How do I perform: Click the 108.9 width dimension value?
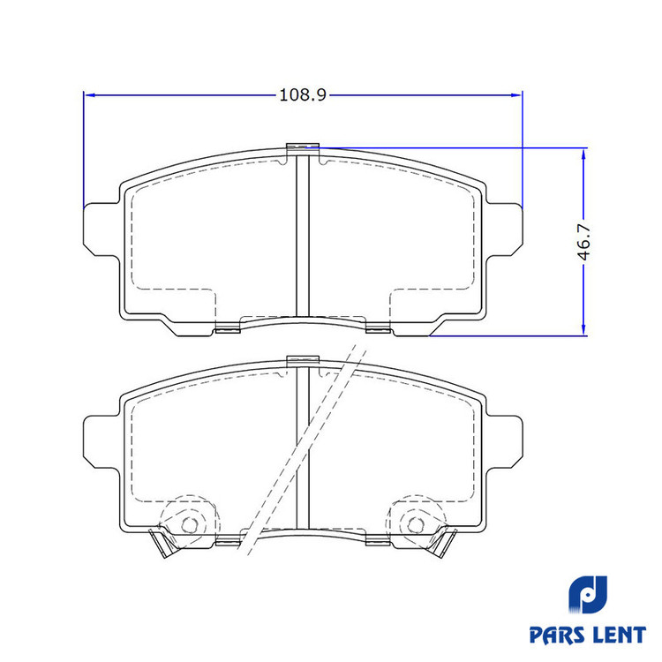[x=303, y=95]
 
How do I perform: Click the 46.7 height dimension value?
[x=584, y=243]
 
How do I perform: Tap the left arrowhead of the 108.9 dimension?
[x=89, y=95]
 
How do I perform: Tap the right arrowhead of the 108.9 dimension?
[x=516, y=95]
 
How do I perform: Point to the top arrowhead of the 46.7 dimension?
[x=583, y=154]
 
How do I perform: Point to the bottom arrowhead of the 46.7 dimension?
[x=583, y=330]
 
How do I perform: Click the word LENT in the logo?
[x=616, y=635]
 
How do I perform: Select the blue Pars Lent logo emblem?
[x=587, y=594]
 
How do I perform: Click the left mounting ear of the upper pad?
[x=101, y=229]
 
